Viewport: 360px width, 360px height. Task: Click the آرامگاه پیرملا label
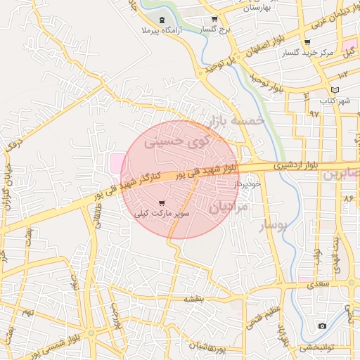click(162, 32)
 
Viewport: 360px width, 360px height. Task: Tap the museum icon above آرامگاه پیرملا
click(162, 20)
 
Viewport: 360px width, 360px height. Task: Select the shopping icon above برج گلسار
click(214, 20)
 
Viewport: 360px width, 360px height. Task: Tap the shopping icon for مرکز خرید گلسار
click(307, 42)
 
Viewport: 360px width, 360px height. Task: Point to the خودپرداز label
click(248, 183)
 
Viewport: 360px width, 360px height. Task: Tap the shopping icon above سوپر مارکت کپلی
click(162, 202)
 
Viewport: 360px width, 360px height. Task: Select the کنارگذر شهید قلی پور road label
click(127, 186)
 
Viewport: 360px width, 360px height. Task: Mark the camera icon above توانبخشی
click(322, 326)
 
